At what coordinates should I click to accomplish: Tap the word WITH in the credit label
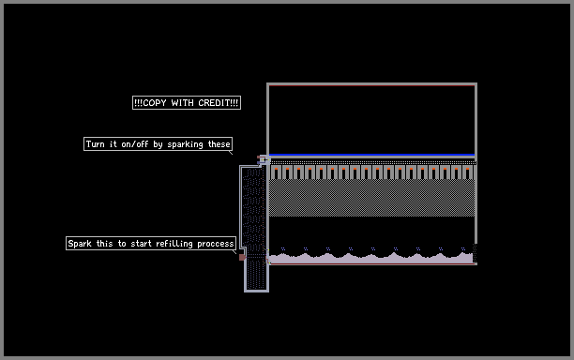(x=182, y=103)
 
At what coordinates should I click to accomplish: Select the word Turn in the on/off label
(x=95, y=144)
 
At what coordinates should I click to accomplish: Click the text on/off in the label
(x=135, y=144)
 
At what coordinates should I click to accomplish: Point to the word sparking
(x=185, y=144)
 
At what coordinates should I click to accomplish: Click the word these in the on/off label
(x=219, y=144)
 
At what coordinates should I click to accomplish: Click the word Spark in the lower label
(x=80, y=244)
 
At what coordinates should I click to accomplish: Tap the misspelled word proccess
(x=216, y=244)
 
